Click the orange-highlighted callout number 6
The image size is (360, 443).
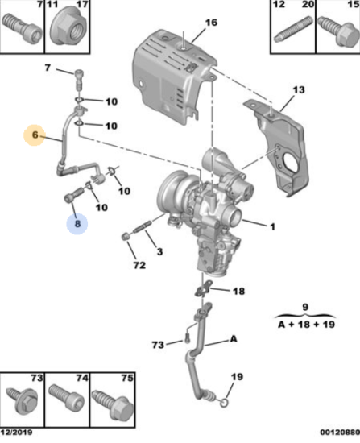pyautogui.click(x=35, y=135)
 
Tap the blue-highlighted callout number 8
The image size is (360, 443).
pyautogui.click(x=77, y=224)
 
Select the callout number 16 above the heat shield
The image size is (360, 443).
pyautogui.click(x=211, y=23)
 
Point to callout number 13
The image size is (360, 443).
pyautogui.click(x=299, y=89)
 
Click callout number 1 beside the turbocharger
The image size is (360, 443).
pyautogui.click(x=272, y=226)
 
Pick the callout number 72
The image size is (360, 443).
pyautogui.click(x=139, y=265)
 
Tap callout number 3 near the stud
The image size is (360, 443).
pyautogui.click(x=159, y=251)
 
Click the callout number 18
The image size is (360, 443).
pyautogui.click(x=238, y=291)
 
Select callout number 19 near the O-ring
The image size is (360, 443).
pyautogui.click(x=237, y=377)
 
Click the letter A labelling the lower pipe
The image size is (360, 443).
pyautogui.click(x=234, y=338)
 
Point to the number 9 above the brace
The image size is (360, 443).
pyautogui.click(x=305, y=307)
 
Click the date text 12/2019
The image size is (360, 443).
pyautogui.click(x=16, y=433)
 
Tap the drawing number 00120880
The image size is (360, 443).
pyautogui.click(x=340, y=433)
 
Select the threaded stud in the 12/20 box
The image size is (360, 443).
pyautogui.click(x=292, y=29)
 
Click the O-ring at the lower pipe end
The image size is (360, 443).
pyautogui.click(x=223, y=404)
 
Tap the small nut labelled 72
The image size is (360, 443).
pyautogui.click(x=125, y=237)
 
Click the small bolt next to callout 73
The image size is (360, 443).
pyautogui.click(x=187, y=340)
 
